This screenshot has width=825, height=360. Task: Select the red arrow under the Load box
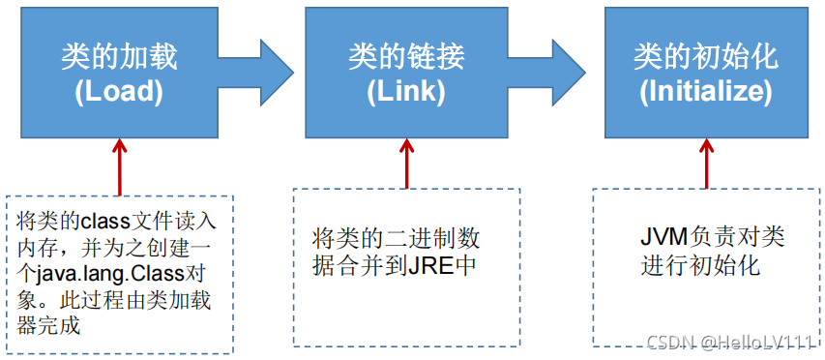(x=119, y=165)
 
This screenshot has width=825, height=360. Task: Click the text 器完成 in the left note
(x=47, y=325)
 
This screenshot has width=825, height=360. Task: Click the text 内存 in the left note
(x=35, y=232)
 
